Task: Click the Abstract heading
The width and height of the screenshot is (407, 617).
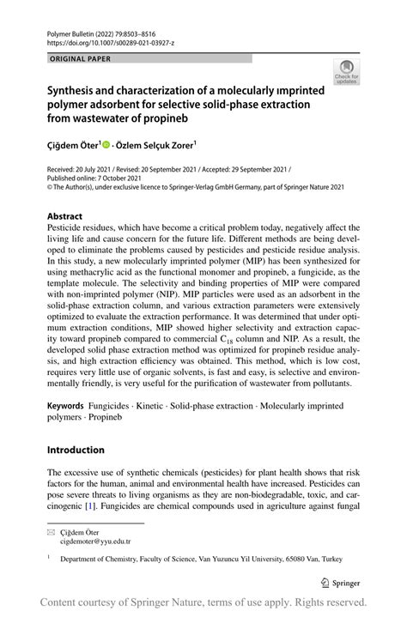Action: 65,215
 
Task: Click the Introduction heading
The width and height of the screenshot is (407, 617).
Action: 76,450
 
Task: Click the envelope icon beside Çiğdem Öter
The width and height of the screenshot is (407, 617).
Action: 51,532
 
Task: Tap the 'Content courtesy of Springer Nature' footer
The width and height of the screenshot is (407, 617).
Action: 203,602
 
